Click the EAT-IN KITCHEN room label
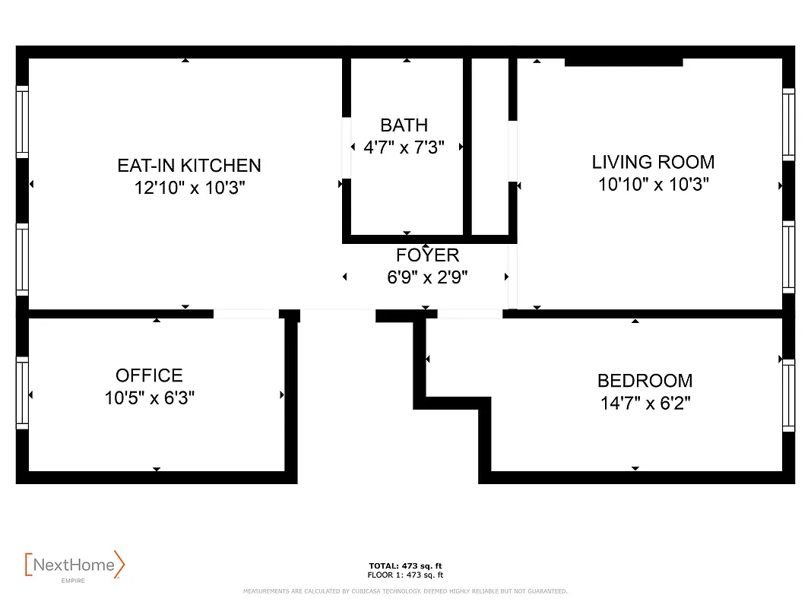click(x=189, y=165)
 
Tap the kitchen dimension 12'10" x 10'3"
click(x=189, y=187)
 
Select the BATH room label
click(x=404, y=125)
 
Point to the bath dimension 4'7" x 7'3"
click(x=404, y=147)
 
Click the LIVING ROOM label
click(x=653, y=162)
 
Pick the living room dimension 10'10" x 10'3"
click(x=653, y=184)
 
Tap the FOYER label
click(x=427, y=255)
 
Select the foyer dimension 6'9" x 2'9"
click(x=427, y=277)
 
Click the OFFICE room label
click(x=149, y=375)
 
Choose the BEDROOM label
click(x=645, y=381)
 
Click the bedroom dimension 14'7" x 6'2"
click(x=645, y=403)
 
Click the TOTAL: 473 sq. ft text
click(x=405, y=566)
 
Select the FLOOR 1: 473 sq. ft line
click(x=405, y=575)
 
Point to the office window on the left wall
click(x=22, y=392)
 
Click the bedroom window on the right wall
click(x=788, y=395)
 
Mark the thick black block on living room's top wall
click(x=623, y=62)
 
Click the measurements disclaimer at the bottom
click(x=405, y=591)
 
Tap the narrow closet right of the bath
click(x=490, y=146)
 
